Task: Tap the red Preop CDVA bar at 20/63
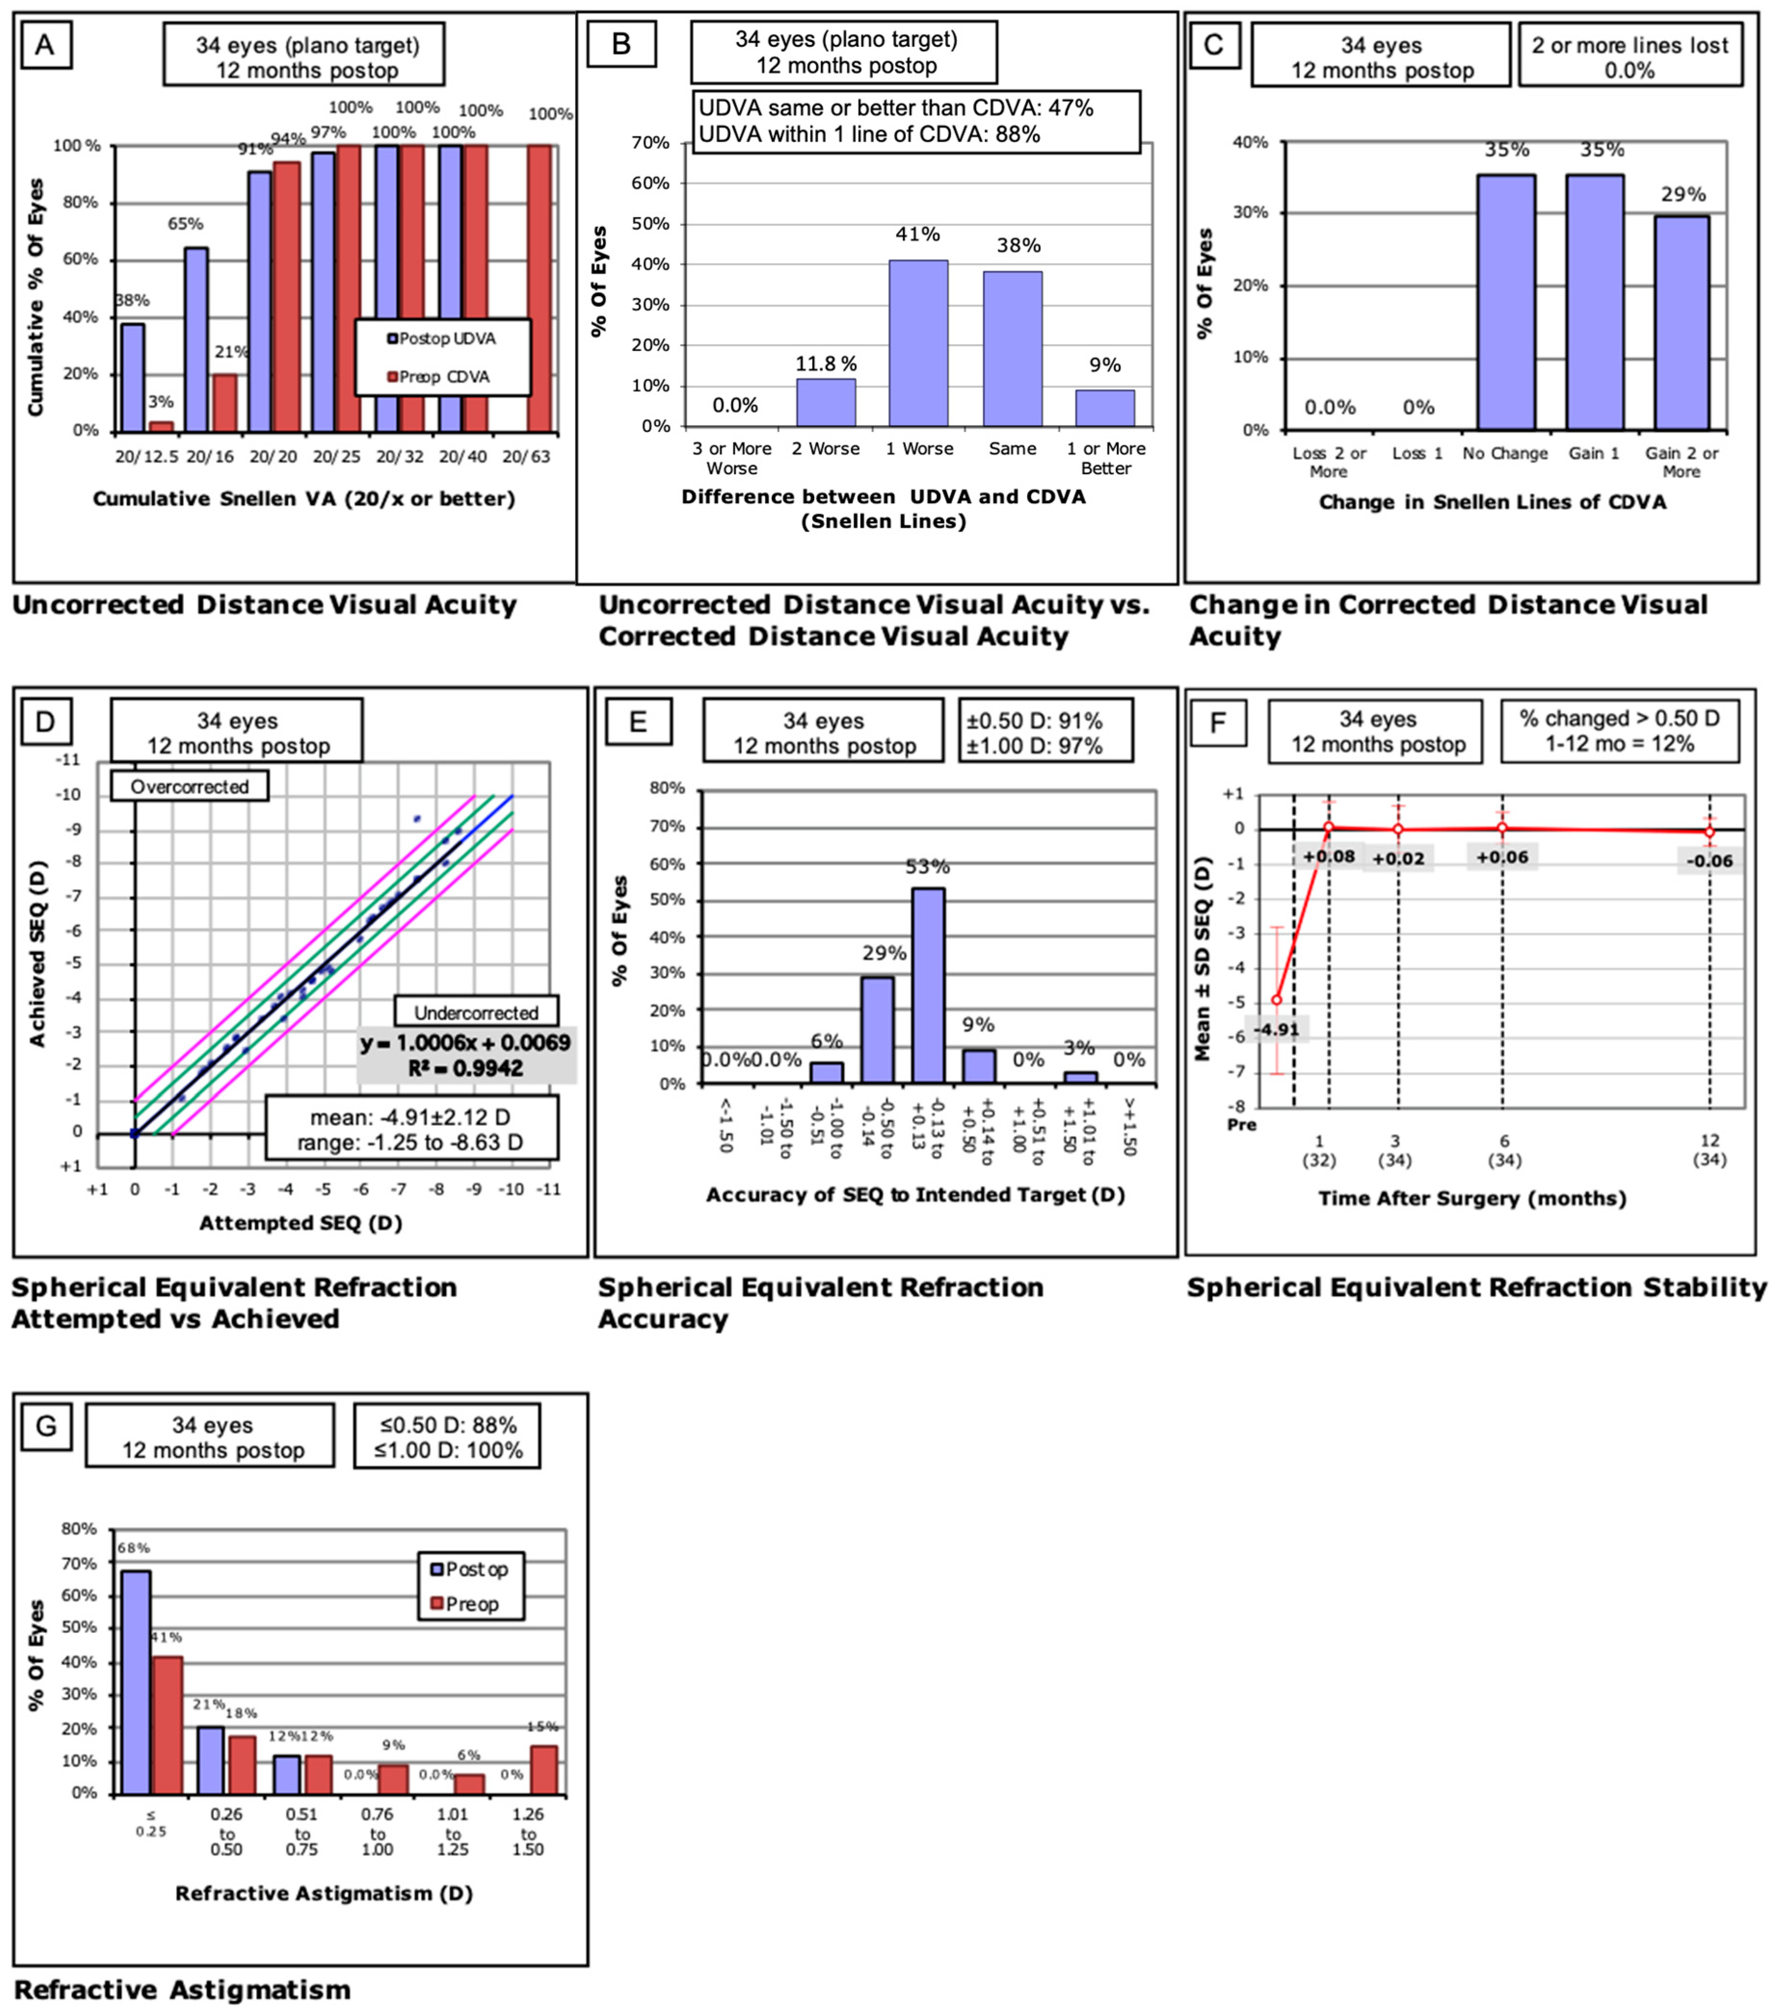click(539, 289)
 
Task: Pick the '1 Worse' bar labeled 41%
click(917, 343)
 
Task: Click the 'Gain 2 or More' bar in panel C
click(1682, 322)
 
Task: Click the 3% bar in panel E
click(1080, 1078)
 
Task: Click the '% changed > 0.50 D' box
click(1620, 731)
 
